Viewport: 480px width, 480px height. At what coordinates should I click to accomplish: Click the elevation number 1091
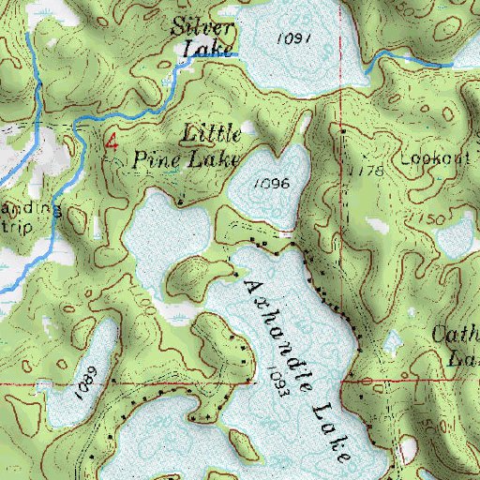294,37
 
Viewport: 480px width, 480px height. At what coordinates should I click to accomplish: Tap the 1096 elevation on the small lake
270,184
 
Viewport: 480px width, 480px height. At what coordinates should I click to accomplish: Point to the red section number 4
112,142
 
